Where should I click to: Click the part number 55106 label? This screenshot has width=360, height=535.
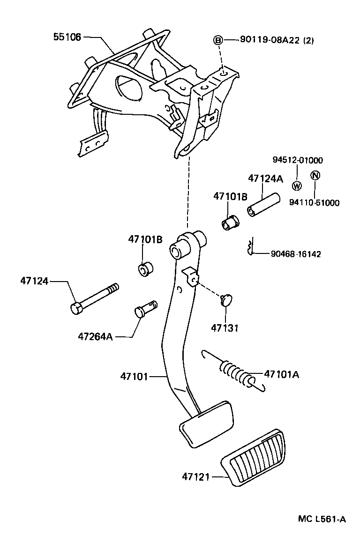coord(67,37)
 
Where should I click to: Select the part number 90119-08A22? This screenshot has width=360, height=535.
coord(263,41)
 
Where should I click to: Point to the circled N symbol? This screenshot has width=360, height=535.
coord(315,176)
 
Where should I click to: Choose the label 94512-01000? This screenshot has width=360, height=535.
coord(298,160)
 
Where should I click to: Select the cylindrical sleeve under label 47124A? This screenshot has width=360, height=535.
coord(263,206)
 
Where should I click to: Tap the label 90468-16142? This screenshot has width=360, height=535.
coord(296,254)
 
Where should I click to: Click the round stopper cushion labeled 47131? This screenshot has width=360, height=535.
coord(227,299)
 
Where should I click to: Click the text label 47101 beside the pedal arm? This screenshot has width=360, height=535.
coord(134,376)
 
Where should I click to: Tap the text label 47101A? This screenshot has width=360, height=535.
coord(281,374)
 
